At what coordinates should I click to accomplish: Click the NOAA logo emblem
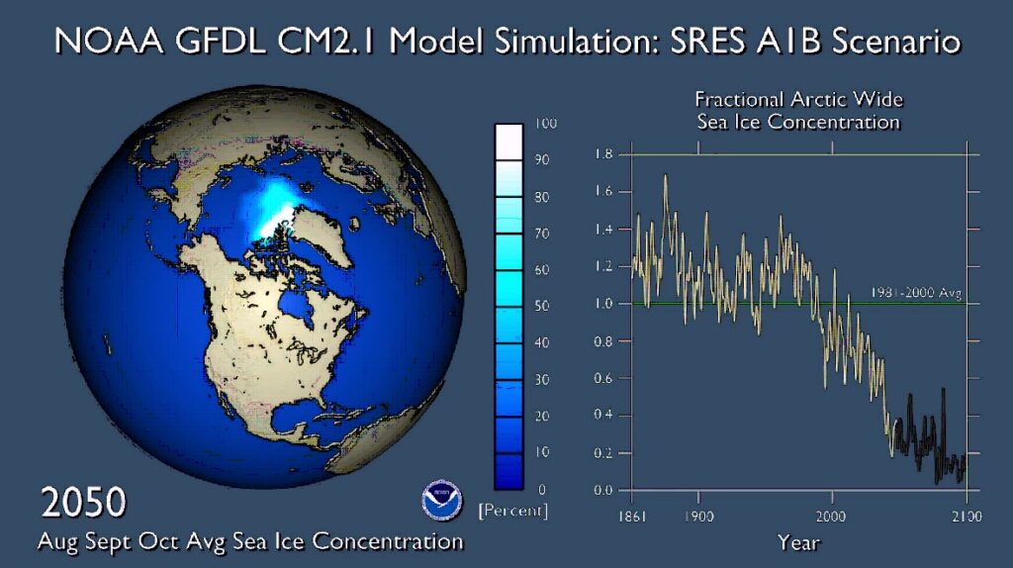click(441, 501)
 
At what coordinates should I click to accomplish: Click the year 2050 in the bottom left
click(83, 503)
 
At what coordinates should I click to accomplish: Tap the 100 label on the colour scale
click(546, 124)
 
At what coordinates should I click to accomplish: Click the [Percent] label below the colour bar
click(512, 512)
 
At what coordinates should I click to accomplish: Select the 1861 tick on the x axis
click(633, 516)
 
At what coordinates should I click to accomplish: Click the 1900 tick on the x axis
click(698, 516)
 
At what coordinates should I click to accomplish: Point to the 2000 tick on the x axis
click(831, 516)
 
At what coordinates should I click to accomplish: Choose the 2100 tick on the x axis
click(966, 516)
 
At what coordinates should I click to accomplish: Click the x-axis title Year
click(798, 542)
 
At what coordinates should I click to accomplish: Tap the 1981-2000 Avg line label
click(916, 293)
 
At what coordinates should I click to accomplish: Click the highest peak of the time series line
click(664, 176)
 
